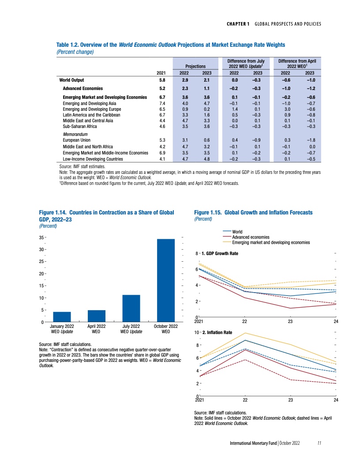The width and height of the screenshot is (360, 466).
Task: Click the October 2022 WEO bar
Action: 166,280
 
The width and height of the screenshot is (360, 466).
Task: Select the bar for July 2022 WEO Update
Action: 131,308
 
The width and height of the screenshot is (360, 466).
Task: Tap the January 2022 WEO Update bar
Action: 62,317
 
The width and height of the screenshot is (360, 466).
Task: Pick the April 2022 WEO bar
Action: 97,316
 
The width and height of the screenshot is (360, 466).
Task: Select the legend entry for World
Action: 237,232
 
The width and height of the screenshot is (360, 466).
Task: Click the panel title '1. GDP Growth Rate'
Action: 220,254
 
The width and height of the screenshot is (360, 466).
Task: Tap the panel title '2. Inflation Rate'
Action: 217,332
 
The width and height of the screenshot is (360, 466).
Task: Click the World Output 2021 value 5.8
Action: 162,80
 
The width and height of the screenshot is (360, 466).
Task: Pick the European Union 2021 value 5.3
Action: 162,139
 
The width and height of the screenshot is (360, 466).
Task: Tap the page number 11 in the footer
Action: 319,443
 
